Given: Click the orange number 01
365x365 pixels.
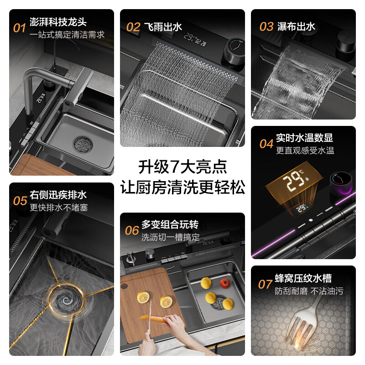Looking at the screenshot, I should pos(19,28).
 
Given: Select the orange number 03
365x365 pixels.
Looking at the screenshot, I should pos(266,26).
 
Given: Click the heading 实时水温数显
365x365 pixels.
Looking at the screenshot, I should pos(304,138).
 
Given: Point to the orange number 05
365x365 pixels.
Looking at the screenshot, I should pos(20,201).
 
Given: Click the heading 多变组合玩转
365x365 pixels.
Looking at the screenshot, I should pos(170,224).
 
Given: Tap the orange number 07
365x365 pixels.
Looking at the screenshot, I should pos(265,284).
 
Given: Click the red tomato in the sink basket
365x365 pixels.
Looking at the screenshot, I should pos(224,282).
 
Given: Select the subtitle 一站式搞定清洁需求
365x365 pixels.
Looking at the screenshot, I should pos(67,34).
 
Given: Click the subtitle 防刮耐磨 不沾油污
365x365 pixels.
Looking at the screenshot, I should pos(309,291).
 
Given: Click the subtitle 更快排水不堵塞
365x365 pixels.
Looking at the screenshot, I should pos(58,208).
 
